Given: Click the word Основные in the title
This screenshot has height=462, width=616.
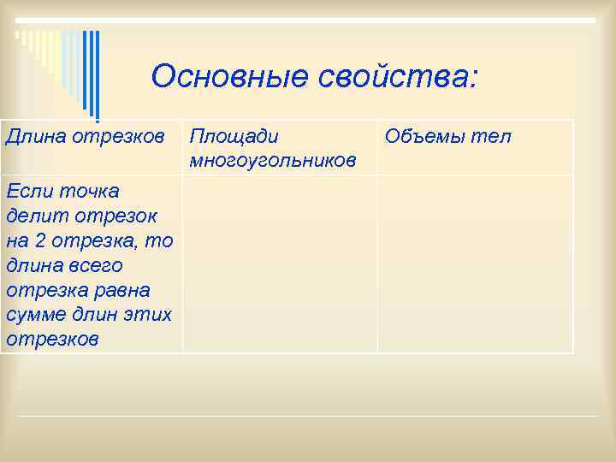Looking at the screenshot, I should [x=229, y=77].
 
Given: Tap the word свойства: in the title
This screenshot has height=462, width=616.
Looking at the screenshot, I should [x=399, y=77].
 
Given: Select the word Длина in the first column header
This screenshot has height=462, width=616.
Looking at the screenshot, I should [x=33, y=136].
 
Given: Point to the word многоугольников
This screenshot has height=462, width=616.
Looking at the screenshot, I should [x=273, y=160].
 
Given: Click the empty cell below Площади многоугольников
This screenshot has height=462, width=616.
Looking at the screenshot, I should [x=280, y=263].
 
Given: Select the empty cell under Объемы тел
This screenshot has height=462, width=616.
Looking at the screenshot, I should [x=475, y=263].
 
